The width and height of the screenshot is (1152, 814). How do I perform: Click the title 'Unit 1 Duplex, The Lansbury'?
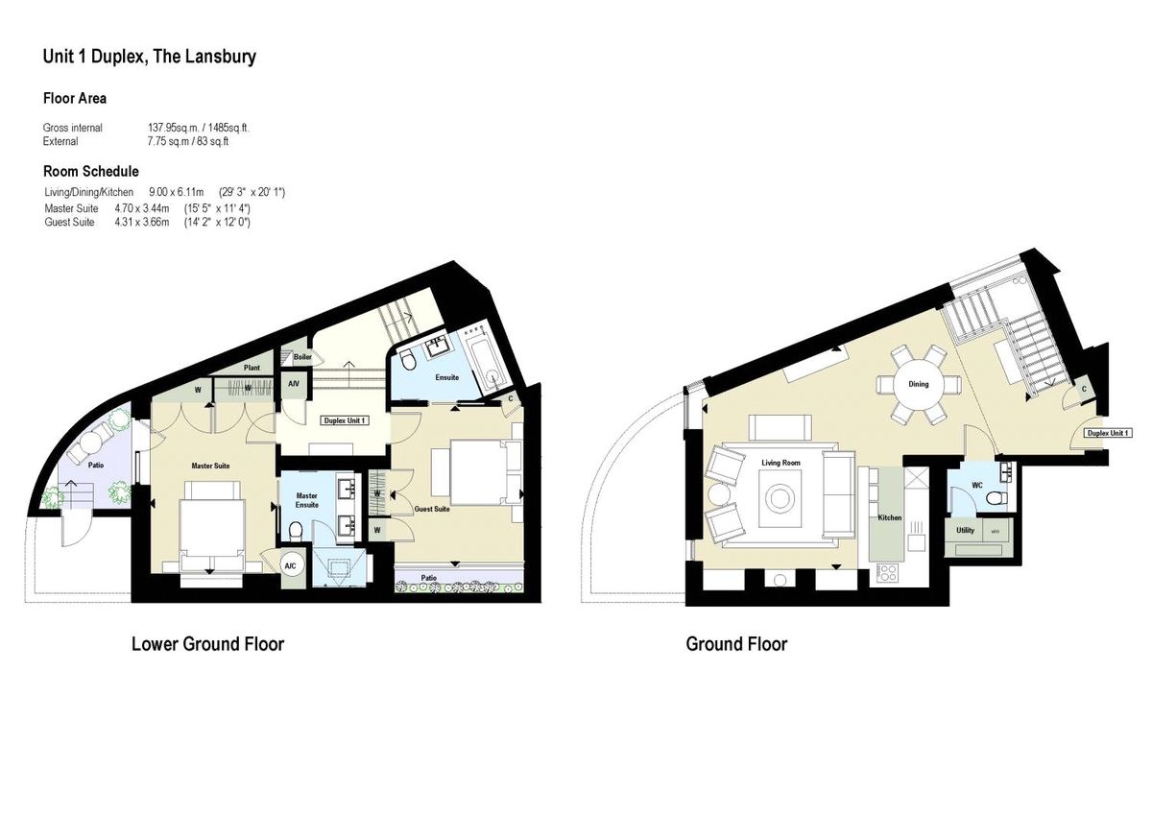point(149,57)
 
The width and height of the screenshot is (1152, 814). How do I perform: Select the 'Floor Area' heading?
point(75,98)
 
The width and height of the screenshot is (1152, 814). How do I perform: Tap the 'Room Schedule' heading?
point(91,172)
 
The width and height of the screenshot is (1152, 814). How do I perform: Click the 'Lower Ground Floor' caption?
point(207,644)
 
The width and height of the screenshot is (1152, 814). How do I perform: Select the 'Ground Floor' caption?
point(736,644)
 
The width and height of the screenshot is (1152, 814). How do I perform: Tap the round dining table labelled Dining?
point(919,384)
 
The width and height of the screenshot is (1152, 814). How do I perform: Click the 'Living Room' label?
point(780,464)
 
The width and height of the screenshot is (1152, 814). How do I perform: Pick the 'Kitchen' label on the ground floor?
point(890,517)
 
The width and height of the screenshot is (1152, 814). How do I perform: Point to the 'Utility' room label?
point(965,530)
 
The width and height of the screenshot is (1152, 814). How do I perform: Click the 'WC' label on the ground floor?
point(976,485)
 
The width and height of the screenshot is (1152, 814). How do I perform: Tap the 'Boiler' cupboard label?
point(302,357)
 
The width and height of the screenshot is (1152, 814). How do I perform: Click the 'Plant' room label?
point(252,367)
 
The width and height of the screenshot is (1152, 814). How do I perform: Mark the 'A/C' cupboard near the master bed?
point(291,566)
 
